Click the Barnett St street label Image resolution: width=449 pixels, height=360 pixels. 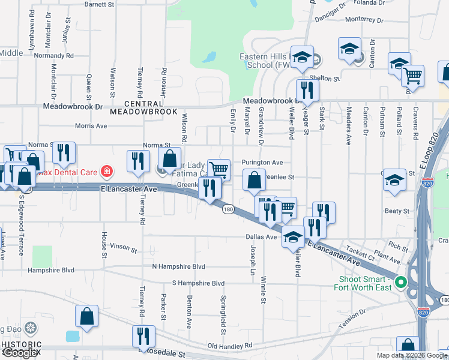click(x=99, y=4)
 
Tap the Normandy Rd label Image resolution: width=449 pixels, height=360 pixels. click(x=54, y=55)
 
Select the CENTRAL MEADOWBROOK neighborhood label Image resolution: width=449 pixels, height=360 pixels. click(x=143, y=107)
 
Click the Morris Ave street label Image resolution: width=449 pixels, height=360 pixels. click(x=91, y=126)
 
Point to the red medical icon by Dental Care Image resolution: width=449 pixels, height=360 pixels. click(x=107, y=172)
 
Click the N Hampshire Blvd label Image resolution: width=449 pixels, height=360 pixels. click(x=178, y=266)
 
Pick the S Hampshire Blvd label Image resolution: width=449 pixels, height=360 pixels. click(x=198, y=283)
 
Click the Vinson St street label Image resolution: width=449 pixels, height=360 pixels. click(x=124, y=247)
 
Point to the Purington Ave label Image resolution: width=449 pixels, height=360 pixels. click(x=262, y=163)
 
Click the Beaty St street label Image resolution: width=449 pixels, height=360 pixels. click(x=397, y=211)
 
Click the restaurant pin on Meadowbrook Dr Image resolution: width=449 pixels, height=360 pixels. click(x=307, y=91)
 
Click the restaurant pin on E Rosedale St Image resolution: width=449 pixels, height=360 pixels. click(x=143, y=335)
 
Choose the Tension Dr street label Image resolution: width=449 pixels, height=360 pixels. click(x=352, y=319)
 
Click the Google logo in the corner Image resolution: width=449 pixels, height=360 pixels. click(x=21, y=353)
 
